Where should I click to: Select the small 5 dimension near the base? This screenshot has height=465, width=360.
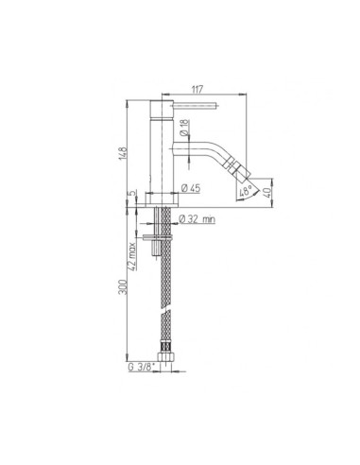[x=136, y=195]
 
